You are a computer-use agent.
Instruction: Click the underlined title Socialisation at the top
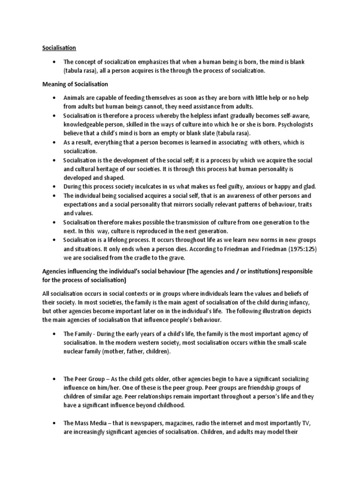coord(59,48)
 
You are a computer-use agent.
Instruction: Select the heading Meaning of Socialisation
coord(75,84)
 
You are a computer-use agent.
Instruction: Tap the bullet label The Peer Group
coord(84,378)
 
